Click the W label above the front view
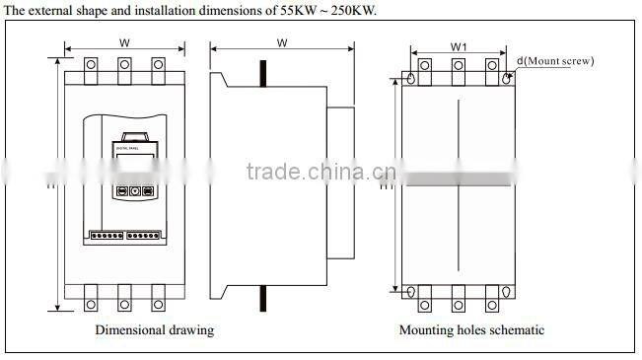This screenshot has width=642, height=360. point(124,43)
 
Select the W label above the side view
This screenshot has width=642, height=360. point(282,43)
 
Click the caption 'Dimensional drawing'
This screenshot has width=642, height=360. point(154,329)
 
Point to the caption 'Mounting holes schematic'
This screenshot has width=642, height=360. point(471,329)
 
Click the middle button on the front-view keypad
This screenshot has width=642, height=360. point(134,192)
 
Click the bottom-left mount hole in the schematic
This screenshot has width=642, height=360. point(412,291)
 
